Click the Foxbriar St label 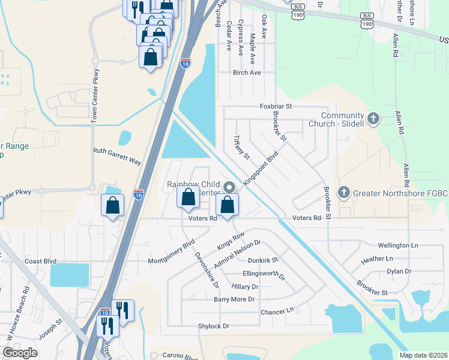click(276, 106)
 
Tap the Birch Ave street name click(247, 73)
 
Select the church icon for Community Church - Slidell click(373, 118)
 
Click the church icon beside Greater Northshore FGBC click(343, 193)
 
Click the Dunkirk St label click(263, 261)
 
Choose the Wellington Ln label click(397, 245)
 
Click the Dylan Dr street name click(399, 271)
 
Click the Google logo click(20, 353)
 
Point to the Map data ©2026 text click(423, 355)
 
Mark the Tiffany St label click(240, 148)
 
